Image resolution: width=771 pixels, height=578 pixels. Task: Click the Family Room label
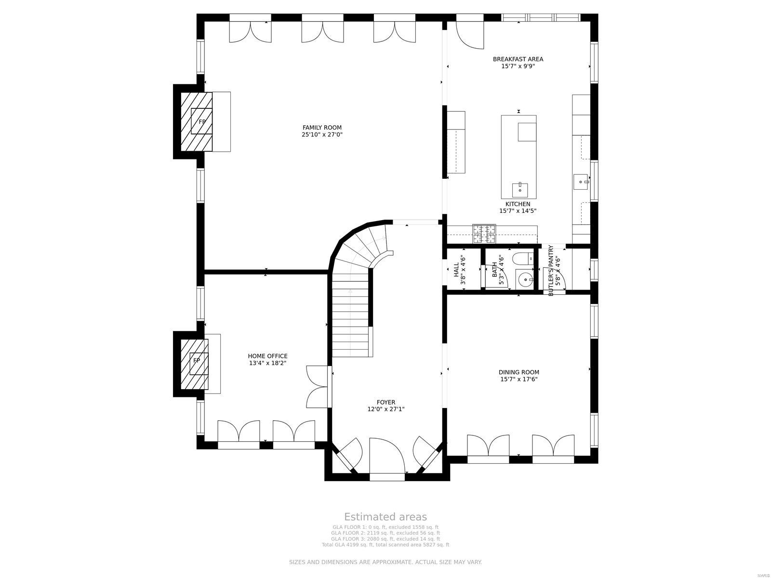(322, 128)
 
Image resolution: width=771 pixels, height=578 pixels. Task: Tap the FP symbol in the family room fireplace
(202, 122)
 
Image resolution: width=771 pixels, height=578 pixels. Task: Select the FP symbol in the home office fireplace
(197, 360)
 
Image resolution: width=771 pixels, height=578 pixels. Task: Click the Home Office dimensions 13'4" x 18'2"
(267, 363)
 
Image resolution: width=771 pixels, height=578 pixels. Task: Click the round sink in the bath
(525, 279)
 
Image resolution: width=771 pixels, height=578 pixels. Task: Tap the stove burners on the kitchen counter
(484, 234)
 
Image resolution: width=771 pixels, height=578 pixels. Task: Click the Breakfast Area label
(518, 59)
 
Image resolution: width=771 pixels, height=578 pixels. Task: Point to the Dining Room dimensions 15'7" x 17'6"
(518, 379)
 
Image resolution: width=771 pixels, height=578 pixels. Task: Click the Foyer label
(386, 402)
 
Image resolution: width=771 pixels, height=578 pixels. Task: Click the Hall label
(456, 270)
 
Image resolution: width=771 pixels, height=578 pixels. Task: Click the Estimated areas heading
(385, 517)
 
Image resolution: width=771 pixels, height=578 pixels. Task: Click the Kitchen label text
(518, 204)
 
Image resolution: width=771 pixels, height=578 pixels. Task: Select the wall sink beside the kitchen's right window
(581, 182)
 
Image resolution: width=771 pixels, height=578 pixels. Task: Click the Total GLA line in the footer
(385, 545)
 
